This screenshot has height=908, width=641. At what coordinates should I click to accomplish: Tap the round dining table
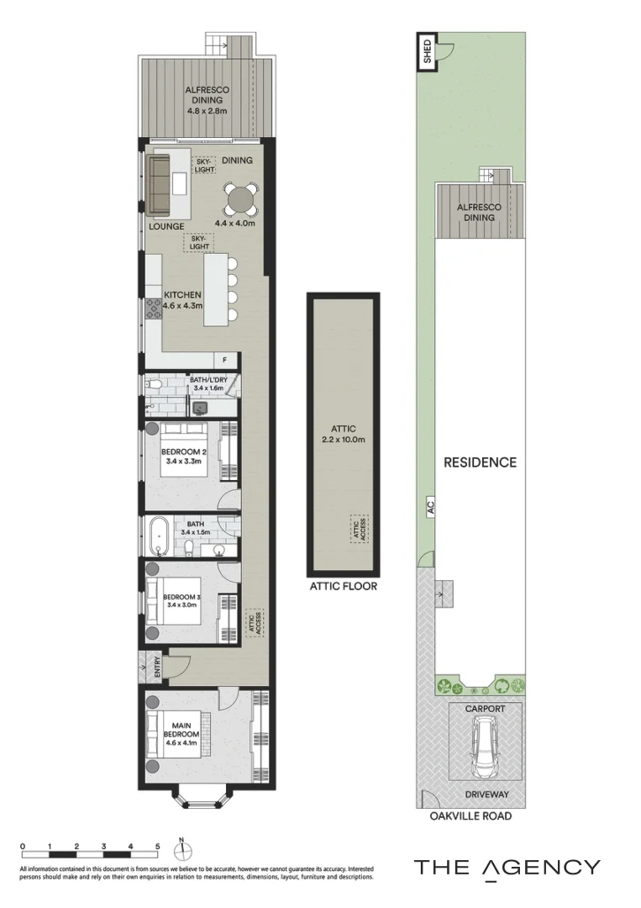coord(241,200)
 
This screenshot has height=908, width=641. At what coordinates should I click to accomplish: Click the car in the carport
coord(486,751)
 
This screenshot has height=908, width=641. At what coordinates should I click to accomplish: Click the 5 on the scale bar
coord(157,846)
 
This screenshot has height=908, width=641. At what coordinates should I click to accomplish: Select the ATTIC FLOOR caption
coord(343,586)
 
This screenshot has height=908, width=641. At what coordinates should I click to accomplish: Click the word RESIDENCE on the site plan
coord(480,462)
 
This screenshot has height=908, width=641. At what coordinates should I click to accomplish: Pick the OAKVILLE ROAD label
coord(470,816)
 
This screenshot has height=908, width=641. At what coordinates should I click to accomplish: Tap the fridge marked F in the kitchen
coord(224,361)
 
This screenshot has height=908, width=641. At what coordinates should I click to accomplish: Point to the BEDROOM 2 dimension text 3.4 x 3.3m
coord(182,461)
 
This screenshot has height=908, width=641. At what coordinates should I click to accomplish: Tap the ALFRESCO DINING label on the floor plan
coord(207,100)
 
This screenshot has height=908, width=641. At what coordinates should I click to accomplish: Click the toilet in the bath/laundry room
coord(154,386)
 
